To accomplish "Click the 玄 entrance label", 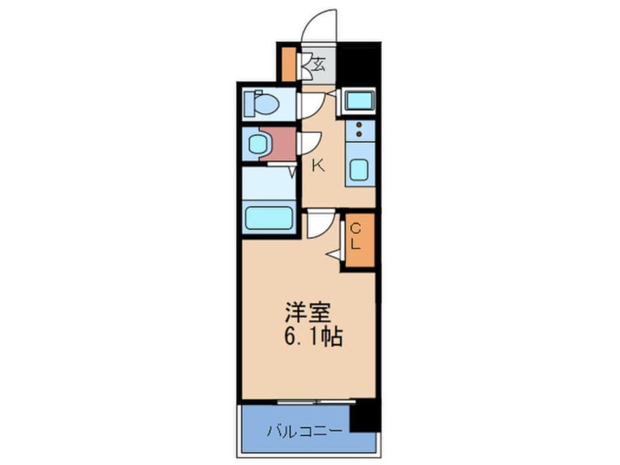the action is click(x=318, y=65).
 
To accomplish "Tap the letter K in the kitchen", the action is click(x=318, y=166).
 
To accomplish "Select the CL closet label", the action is click(x=356, y=236).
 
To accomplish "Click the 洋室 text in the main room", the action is click(x=308, y=312).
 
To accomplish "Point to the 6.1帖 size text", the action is click(x=313, y=337).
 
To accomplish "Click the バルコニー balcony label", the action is click(x=304, y=431).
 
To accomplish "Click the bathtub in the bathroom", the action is click(x=269, y=218).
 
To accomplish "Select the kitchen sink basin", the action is click(x=360, y=169).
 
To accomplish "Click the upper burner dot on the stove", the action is click(x=359, y=125).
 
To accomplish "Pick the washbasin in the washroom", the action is click(x=257, y=144).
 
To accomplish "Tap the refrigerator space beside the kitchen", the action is click(x=359, y=100).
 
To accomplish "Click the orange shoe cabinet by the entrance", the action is click(x=289, y=64).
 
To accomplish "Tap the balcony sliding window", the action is click(x=317, y=402).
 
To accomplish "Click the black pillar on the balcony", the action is click(x=364, y=416).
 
